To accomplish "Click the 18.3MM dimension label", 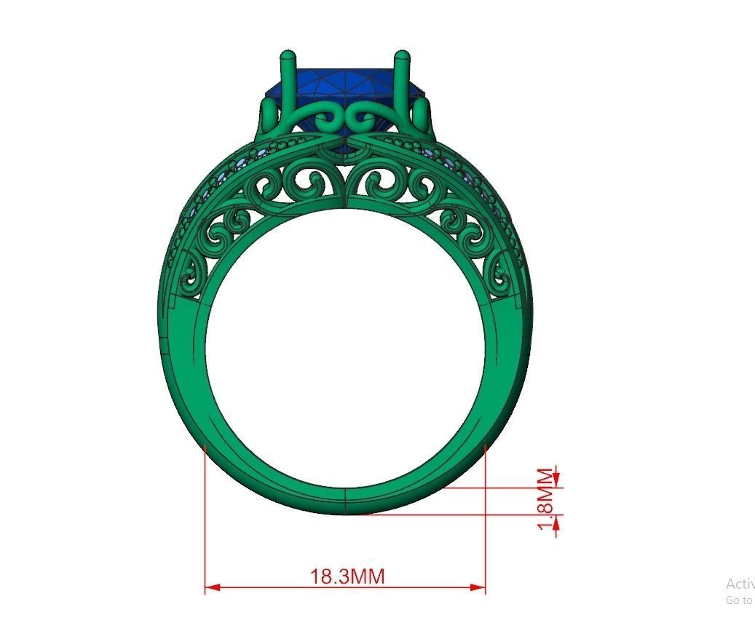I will [347, 576].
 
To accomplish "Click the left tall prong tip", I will [287, 55].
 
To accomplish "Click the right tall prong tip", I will [401, 55].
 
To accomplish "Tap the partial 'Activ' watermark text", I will [740, 584].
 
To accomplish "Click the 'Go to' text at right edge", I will [738, 600].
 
